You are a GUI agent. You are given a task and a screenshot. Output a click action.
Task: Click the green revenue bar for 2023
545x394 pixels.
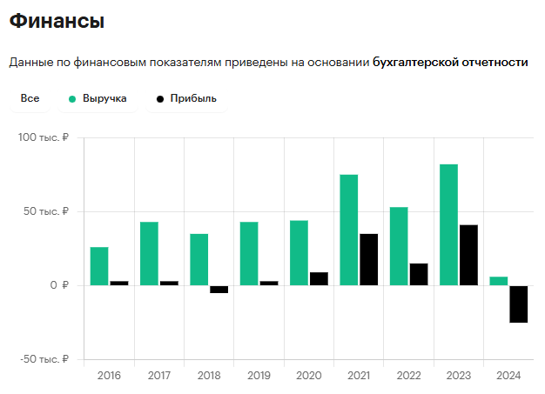click(x=448, y=224)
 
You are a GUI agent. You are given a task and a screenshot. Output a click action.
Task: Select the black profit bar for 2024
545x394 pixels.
click(x=519, y=304)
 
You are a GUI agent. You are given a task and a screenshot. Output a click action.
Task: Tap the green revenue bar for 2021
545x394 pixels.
click(x=348, y=230)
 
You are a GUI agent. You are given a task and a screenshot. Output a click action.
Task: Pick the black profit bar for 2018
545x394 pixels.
click(x=219, y=290)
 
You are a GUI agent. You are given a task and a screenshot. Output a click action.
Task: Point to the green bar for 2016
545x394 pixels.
click(x=99, y=266)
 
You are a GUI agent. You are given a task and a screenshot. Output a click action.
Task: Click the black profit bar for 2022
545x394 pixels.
click(x=419, y=274)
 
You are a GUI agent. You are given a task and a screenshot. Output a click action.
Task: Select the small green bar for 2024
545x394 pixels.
click(x=499, y=281)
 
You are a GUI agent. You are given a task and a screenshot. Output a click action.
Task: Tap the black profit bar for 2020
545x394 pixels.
click(x=319, y=278)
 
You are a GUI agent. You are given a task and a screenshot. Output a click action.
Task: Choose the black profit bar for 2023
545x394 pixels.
click(x=468, y=255)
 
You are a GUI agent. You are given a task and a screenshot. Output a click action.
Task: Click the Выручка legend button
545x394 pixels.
click(x=98, y=99)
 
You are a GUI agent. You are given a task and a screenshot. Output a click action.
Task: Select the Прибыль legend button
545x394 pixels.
click(x=185, y=99)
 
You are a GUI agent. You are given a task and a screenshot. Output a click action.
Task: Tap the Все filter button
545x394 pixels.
click(x=30, y=99)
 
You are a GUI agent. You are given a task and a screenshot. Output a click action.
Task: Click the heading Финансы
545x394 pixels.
click(x=57, y=21)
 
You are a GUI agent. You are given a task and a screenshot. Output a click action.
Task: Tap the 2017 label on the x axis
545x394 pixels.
click(x=159, y=376)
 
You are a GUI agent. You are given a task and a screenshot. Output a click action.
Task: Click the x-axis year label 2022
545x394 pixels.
click(x=409, y=376)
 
